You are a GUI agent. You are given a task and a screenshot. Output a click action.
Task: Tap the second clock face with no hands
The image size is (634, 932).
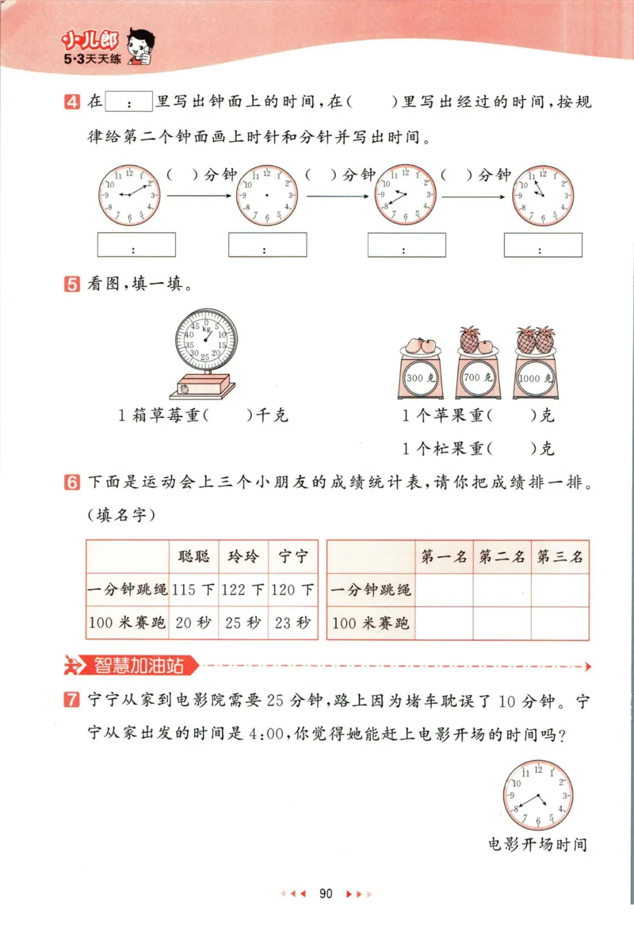(x=267, y=195)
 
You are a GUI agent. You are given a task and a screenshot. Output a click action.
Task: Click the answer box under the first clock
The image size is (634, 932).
(x=136, y=245)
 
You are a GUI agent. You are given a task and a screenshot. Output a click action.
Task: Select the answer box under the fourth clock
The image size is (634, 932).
(x=543, y=245)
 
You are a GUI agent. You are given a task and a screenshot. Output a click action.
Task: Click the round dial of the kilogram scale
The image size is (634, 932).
(x=205, y=339)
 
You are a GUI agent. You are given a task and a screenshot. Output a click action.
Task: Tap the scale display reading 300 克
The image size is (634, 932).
(x=417, y=378)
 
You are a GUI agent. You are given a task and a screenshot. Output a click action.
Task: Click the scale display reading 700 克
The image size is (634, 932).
(x=473, y=378)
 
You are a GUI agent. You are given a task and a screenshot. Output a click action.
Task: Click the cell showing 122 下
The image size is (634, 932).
(x=244, y=590)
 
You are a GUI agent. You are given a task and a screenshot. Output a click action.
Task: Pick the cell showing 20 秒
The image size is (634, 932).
(x=194, y=623)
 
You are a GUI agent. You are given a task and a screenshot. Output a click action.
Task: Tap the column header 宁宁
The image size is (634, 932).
(x=293, y=556)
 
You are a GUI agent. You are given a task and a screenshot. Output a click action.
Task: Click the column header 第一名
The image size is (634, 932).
(x=445, y=556)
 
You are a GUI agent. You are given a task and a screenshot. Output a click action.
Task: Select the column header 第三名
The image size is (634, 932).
(x=560, y=556)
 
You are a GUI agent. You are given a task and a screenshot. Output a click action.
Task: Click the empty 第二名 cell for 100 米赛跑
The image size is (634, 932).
(x=502, y=623)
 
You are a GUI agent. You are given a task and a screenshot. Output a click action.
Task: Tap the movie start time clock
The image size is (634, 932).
(x=538, y=796)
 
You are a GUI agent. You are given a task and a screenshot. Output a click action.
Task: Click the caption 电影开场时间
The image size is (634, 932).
(x=538, y=844)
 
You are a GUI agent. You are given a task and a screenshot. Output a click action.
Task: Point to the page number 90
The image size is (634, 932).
(x=325, y=894)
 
